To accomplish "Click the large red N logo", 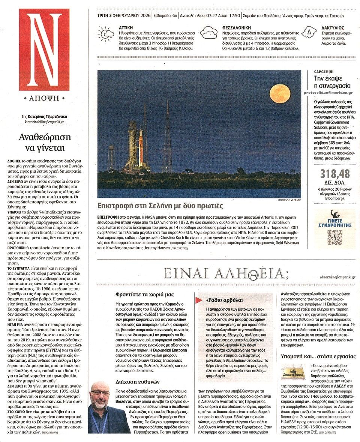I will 44,50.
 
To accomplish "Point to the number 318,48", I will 335,174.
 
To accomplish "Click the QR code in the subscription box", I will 334,238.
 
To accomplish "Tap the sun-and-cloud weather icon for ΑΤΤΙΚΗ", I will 105,33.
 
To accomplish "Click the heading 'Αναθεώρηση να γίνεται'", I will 44,142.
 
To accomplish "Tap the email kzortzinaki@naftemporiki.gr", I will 44,122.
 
